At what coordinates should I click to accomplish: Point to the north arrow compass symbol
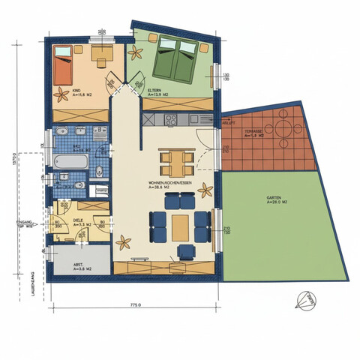click(x=304, y=299)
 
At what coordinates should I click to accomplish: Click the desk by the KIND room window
click(x=101, y=52)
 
